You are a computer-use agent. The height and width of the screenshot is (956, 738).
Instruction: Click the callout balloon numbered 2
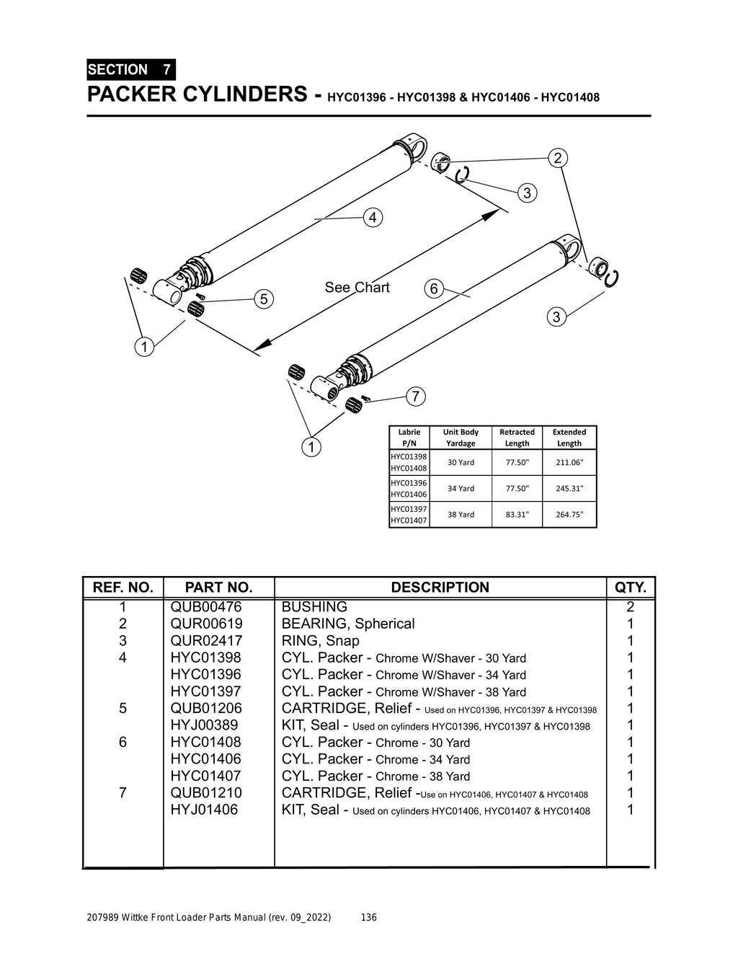(x=557, y=158)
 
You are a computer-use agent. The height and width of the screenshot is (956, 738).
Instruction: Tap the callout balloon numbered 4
(x=373, y=217)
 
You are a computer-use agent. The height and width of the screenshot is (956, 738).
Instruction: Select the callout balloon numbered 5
(x=264, y=298)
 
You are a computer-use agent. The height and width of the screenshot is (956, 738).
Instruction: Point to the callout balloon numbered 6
(x=433, y=288)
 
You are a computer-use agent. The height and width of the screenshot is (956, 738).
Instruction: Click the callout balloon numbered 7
(x=415, y=396)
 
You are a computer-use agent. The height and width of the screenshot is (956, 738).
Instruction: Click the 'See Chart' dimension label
(x=357, y=288)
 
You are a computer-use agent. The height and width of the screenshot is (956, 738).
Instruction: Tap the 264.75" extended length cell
(x=569, y=514)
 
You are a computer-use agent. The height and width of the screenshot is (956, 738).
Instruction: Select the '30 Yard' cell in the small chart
(x=461, y=462)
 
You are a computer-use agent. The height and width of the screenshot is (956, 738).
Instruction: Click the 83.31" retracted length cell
(x=517, y=514)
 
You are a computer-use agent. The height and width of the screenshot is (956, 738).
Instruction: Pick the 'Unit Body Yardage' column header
(x=461, y=438)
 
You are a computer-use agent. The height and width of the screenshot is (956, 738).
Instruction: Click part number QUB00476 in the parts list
(x=206, y=607)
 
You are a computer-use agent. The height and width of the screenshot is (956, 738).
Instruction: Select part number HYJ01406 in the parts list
(x=204, y=810)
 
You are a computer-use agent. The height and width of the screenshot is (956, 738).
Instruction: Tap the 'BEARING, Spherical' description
(x=348, y=624)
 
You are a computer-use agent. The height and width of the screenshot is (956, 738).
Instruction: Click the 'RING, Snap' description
(x=320, y=641)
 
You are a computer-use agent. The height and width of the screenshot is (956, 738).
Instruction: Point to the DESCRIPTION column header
(x=440, y=588)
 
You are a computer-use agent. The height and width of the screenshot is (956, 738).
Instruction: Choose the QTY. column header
(x=630, y=588)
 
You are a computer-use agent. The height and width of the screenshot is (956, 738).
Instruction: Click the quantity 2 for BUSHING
(x=630, y=607)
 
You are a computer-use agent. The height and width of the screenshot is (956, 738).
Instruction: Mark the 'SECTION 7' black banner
(x=130, y=70)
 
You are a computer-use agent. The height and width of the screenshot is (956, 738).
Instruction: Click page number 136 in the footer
(x=368, y=918)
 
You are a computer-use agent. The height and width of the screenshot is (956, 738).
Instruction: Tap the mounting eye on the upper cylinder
(x=417, y=146)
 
